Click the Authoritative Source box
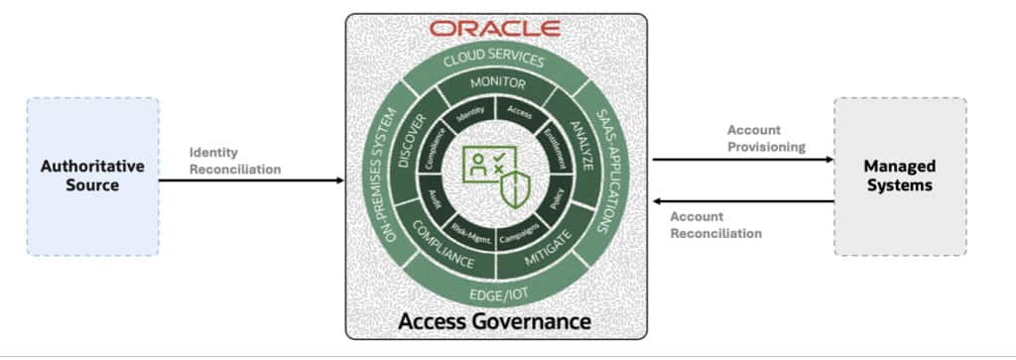pos(92,177)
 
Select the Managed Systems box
pos(899,177)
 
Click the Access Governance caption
pos(495,321)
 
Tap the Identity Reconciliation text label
pos(235,161)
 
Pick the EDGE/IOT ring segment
pos(495,294)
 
